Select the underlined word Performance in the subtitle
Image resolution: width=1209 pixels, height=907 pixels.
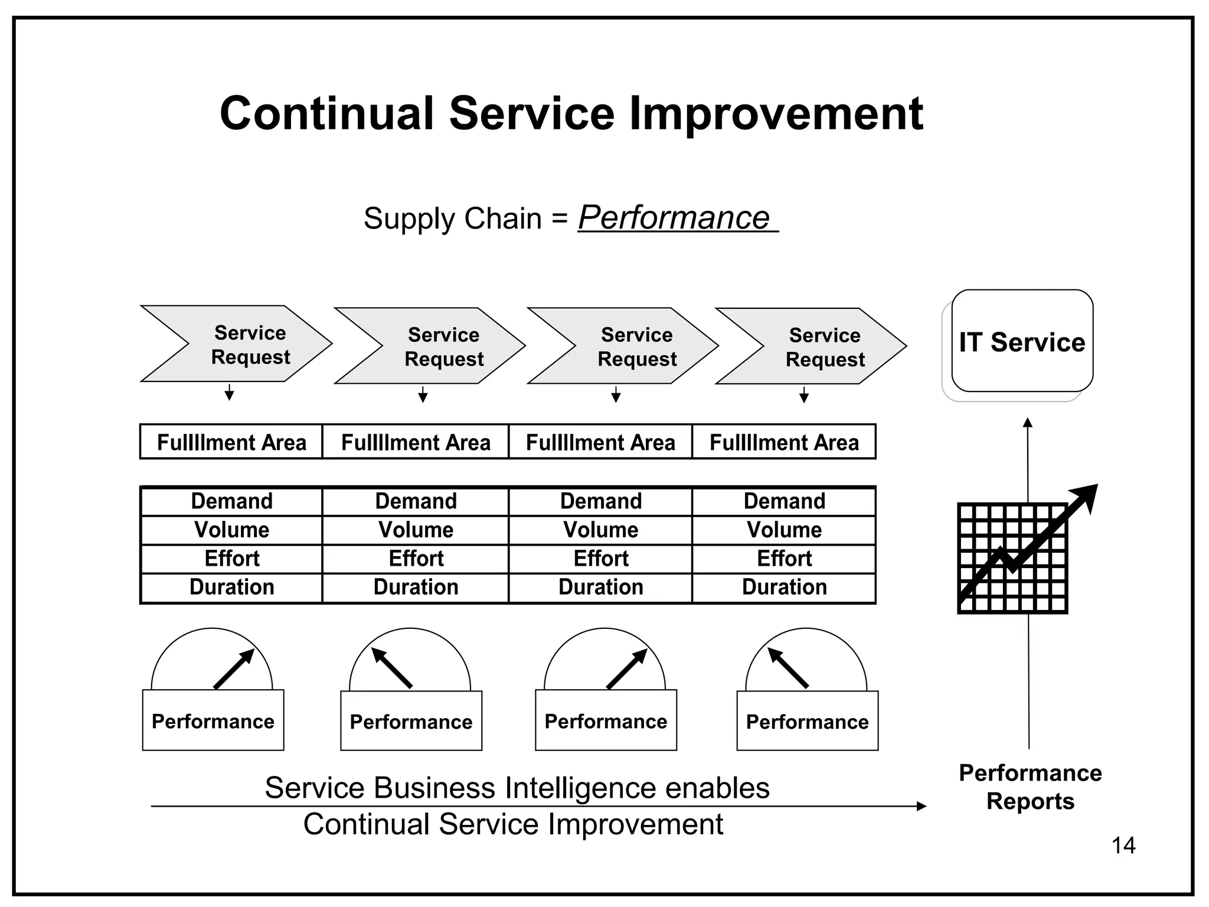point(674,217)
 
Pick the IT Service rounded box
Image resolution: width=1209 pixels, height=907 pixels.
point(1022,342)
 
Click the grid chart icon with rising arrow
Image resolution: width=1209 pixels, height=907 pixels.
point(1013,558)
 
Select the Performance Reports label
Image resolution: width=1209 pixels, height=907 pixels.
point(1030,787)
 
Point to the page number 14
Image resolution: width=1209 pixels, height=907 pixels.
point(1123,846)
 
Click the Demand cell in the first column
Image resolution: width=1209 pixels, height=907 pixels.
point(231,501)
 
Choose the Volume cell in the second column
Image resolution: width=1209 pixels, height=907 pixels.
point(416,530)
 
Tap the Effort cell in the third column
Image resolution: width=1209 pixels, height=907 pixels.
point(600,558)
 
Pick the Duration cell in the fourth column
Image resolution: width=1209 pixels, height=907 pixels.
point(784,587)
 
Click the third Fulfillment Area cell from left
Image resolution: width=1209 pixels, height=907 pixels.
point(600,442)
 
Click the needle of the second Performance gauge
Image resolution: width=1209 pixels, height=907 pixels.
point(391,668)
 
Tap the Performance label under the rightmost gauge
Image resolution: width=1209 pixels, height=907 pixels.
point(807,722)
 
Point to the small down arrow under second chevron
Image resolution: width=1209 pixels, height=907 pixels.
point(423,395)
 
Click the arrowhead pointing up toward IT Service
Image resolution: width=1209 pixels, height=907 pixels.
point(1028,422)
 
